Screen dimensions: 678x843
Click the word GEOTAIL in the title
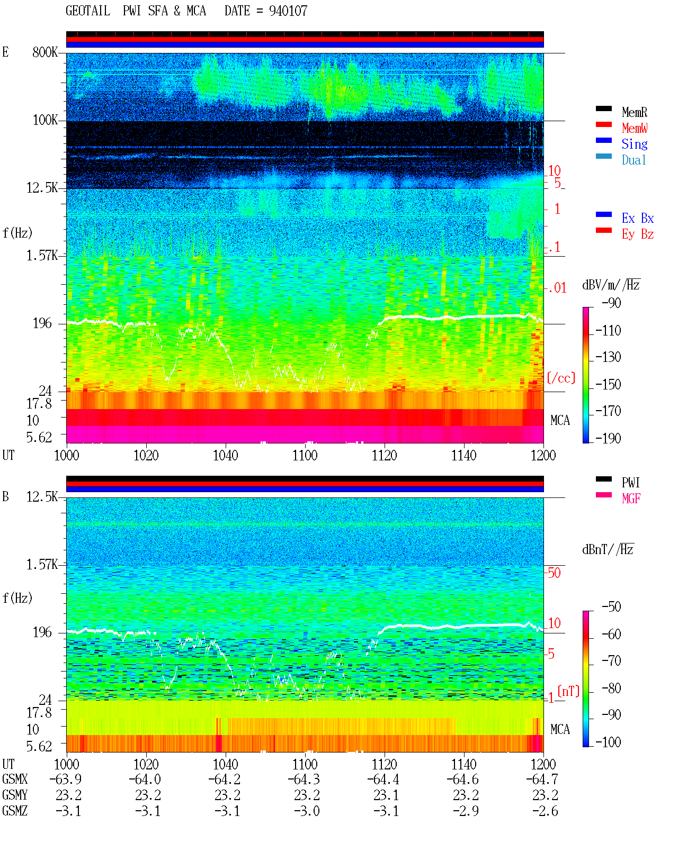coord(88,11)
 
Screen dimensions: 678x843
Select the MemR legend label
coord(634,112)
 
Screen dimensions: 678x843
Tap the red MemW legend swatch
coord(603,124)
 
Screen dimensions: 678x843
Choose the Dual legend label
coord(634,160)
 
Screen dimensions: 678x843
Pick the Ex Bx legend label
coord(637,218)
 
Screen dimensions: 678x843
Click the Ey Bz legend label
coord(637,234)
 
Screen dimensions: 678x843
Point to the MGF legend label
coord(631,498)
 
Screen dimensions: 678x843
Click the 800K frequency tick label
coord(45,52)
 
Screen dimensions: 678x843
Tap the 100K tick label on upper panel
coord(45,120)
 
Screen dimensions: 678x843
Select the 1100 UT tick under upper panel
coord(305,456)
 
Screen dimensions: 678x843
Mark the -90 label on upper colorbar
coord(611,303)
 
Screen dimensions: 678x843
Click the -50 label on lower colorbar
coord(611,607)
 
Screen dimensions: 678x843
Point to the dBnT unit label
coord(608,550)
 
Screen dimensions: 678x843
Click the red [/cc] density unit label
coord(561,378)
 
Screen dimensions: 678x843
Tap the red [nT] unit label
coord(568,691)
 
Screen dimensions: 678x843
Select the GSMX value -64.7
coord(542,779)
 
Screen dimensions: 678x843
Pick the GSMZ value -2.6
coord(545,811)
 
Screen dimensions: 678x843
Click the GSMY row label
coord(15,795)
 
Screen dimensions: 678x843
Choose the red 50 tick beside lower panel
coord(554,573)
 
